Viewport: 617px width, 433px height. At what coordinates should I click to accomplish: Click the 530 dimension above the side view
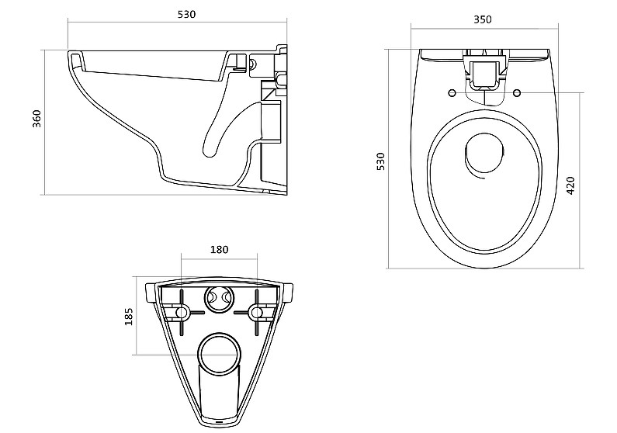(x=186, y=15)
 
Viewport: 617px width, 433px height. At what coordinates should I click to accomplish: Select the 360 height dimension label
(x=36, y=119)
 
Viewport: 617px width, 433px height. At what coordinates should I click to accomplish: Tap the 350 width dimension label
(x=483, y=19)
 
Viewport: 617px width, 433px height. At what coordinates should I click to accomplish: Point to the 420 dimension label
(x=570, y=185)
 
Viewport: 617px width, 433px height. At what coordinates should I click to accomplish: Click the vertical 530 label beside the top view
(x=380, y=161)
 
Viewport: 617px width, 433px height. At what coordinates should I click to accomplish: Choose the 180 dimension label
(x=219, y=249)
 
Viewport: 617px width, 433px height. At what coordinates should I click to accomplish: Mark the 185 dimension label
(x=129, y=317)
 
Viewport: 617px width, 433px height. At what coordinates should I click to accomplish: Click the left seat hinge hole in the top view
(x=452, y=93)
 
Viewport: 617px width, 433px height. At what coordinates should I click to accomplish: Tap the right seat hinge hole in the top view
(x=517, y=93)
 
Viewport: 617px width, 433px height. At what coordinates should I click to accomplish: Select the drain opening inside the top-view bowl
(x=484, y=154)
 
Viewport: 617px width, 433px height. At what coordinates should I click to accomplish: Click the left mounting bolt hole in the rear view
(x=182, y=313)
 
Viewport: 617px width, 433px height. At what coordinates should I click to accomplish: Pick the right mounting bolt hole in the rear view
(x=256, y=313)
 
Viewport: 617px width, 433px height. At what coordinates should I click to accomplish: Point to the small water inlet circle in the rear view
(x=219, y=300)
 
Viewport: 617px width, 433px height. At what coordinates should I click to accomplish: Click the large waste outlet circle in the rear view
(x=219, y=353)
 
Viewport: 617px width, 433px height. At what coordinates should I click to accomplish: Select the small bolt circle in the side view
(x=253, y=63)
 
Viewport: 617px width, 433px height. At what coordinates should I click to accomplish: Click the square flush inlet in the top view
(x=484, y=72)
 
